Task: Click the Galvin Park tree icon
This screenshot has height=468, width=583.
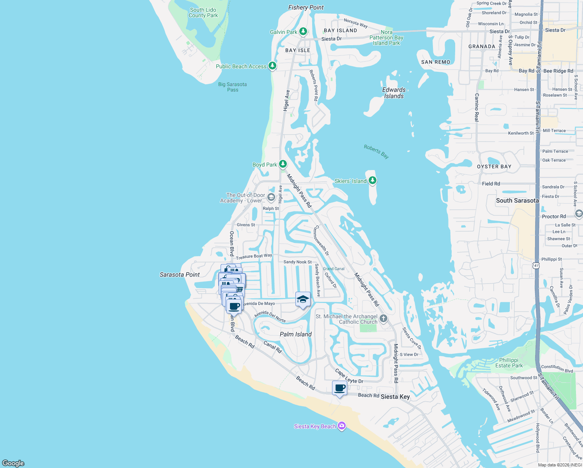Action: (x=303, y=32)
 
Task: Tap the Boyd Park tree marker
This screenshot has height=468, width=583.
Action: (x=283, y=164)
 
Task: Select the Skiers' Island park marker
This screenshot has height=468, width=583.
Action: (x=373, y=180)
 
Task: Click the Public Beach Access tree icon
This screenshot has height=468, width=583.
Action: (x=272, y=66)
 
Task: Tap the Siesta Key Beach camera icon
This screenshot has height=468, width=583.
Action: (x=342, y=426)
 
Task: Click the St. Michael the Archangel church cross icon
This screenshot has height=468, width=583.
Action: (x=383, y=319)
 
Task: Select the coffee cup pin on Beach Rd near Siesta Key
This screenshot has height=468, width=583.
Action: (x=339, y=388)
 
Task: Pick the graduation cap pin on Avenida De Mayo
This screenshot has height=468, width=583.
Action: (x=303, y=300)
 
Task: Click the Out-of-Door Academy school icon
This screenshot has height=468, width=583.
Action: (x=271, y=197)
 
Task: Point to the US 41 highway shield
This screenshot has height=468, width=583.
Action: (x=536, y=266)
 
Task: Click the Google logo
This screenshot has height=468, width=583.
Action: (x=13, y=463)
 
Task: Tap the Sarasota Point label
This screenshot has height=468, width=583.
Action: (x=180, y=275)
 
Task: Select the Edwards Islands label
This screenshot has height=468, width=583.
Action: (x=394, y=93)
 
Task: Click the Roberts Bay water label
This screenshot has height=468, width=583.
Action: (x=376, y=151)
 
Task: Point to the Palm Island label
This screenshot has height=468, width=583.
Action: (x=295, y=334)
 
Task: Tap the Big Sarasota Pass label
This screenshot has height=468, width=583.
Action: (x=232, y=87)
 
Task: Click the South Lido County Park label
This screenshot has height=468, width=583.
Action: (x=203, y=13)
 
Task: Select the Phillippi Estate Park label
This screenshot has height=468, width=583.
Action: (x=509, y=363)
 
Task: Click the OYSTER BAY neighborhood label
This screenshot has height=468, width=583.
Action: (x=494, y=167)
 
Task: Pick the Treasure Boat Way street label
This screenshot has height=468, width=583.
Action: (x=254, y=256)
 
